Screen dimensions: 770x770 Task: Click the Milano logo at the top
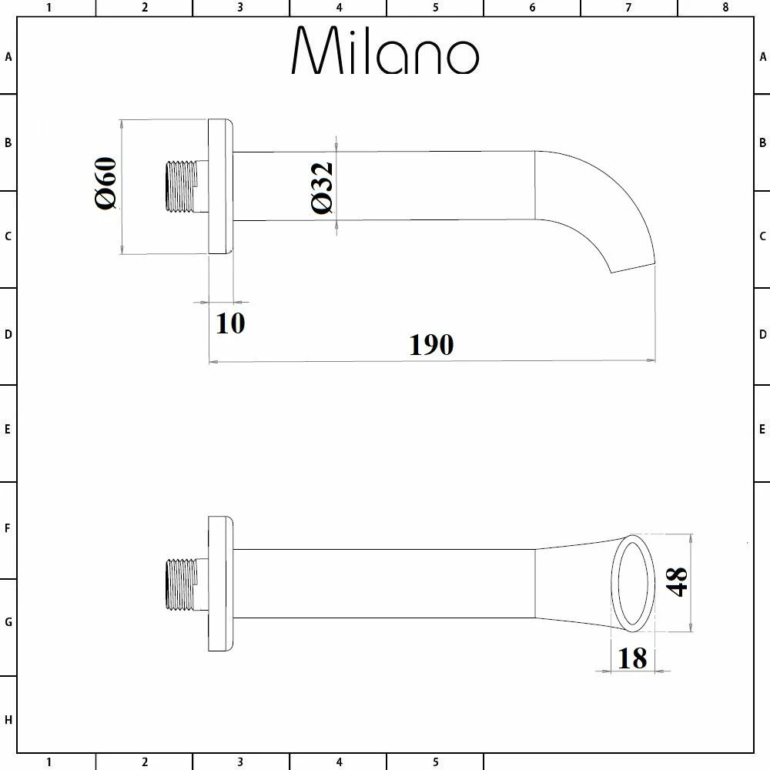385,50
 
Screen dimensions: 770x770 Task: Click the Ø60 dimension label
105,183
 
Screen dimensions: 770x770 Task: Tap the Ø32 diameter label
322,188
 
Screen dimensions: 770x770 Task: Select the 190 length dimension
431,345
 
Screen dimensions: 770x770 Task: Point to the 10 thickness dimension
230,323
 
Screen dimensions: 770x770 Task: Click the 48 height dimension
676,582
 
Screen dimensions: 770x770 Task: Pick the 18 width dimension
632,658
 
